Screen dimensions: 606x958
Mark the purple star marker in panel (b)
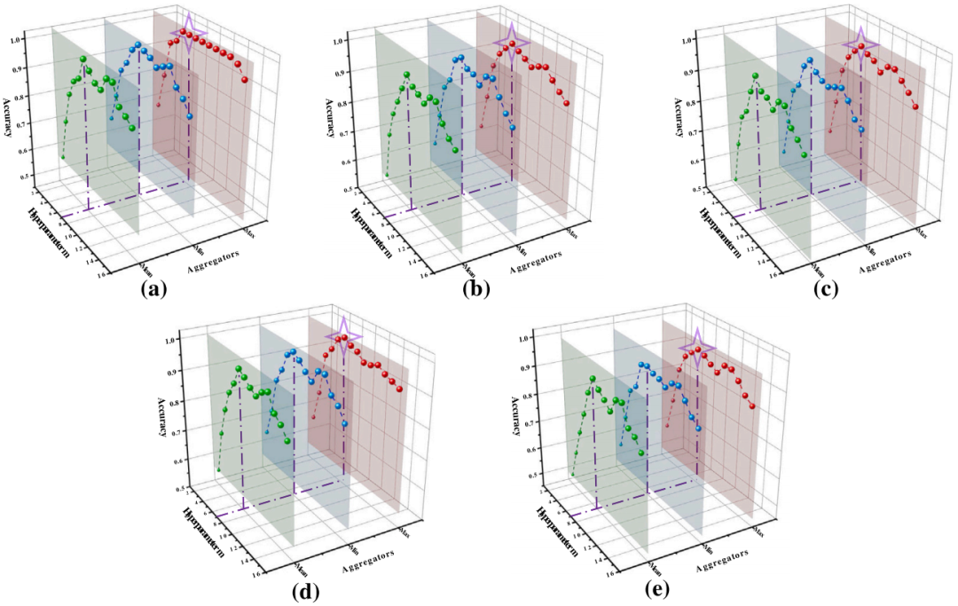pyautogui.click(x=512, y=42)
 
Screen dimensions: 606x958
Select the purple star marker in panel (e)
pyautogui.click(x=696, y=347)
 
